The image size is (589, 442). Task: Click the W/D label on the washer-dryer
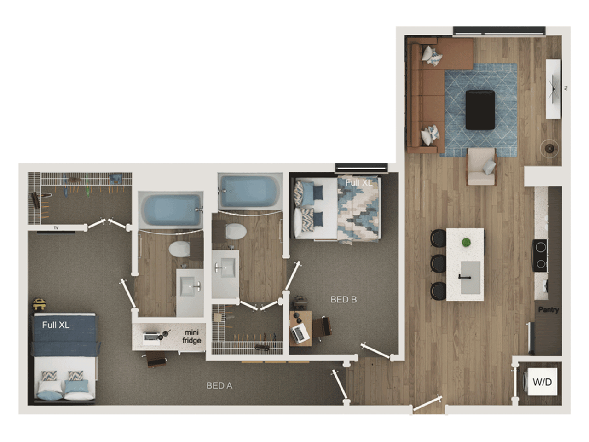[542, 382]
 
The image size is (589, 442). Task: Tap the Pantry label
[549, 310]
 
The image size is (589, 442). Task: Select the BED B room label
[344, 300]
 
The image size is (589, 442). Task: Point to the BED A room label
[219, 386]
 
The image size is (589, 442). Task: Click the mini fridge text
[192, 337]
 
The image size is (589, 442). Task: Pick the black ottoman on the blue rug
[480, 110]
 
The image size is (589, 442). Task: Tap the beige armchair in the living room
[482, 167]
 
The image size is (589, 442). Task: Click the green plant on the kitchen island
[467, 242]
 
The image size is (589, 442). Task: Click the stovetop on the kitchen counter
[540, 255]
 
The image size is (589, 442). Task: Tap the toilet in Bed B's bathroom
[236, 231]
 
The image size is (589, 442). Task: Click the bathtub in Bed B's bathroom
[248, 191]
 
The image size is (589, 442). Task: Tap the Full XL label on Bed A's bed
[56, 325]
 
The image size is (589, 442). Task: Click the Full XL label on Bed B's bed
[358, 183]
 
